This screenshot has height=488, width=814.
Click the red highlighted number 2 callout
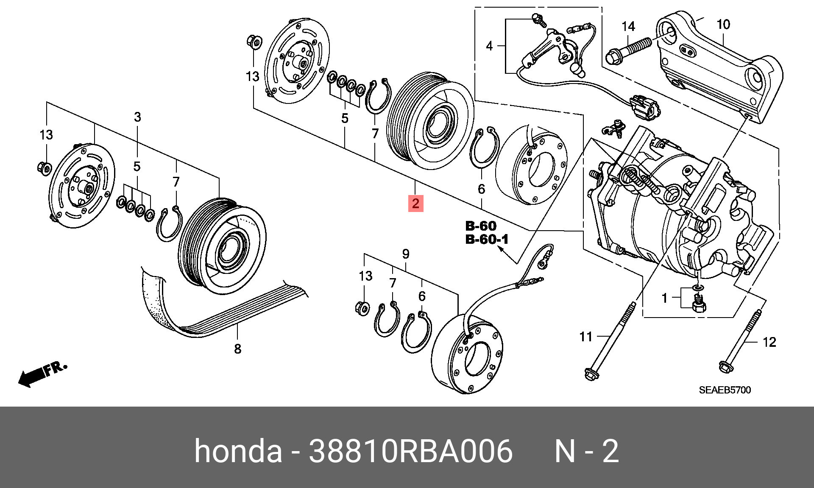tap(415, 203)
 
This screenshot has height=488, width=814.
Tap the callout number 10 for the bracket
tap(723, 25)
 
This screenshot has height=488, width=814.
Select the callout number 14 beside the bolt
tap(628, 27)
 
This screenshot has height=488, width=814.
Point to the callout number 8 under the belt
tap(237, 349)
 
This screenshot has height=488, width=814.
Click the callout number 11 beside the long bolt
tap(586, 337)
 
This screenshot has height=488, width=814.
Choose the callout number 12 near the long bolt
tap(769, 342)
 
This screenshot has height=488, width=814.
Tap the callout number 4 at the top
tap(490, 46)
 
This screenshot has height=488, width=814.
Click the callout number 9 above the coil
tap(406, 254)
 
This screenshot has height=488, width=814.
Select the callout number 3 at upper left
tap(137, 117)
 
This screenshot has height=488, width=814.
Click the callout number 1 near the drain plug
tap(665, 298)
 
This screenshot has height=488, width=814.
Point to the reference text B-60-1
tap(487, 240)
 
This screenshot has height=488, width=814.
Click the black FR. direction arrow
tap(32, 376)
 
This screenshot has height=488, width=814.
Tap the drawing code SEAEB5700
tap(725, 390)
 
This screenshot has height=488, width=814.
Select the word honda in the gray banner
tap(238, 451)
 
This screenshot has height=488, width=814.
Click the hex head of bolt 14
tap(613, 57)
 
